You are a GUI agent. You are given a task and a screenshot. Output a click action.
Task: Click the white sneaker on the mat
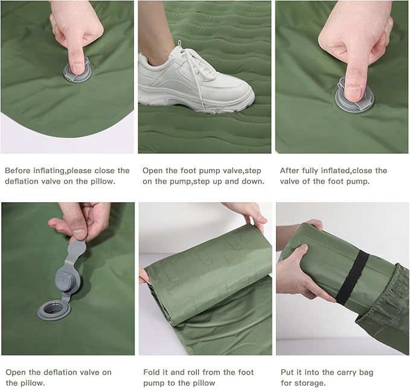click(193, 78)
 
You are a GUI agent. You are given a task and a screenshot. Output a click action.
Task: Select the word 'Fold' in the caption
click(153, 372)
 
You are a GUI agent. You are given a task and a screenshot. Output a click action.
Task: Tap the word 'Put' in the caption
click(287, 372)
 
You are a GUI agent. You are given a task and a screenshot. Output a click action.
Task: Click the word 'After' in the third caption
click(291, 171)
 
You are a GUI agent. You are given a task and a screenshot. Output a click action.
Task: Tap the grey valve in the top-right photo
click(354, 95)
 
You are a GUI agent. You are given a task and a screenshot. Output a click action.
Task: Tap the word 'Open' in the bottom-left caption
click(16, 372)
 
